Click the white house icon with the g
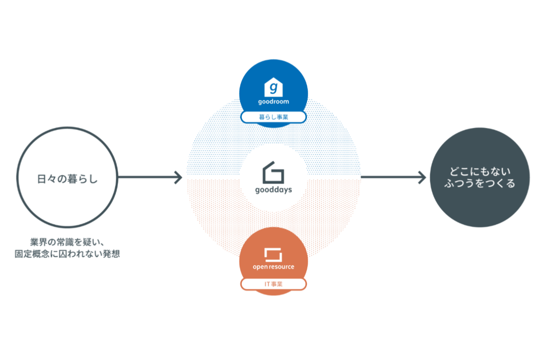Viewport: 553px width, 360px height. coord(273,87)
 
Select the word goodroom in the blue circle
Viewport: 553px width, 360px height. coord(273,102)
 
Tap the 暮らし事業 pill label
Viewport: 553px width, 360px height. coord(273,117)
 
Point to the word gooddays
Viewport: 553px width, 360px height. coord(273,189)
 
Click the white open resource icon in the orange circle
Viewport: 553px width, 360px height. coord(273,255)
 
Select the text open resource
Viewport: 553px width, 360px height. coord(273,267)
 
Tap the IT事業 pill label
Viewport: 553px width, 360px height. coord(273,284)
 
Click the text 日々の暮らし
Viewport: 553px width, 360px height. coord(67,178)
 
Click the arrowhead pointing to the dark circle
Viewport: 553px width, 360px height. coord(422,177)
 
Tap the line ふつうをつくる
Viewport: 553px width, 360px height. coord(480,184)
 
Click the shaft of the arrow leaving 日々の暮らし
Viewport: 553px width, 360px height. coord(146,177)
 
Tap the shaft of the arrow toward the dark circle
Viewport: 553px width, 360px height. coord(390,177)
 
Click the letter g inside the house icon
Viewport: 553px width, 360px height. coord(273,89)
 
